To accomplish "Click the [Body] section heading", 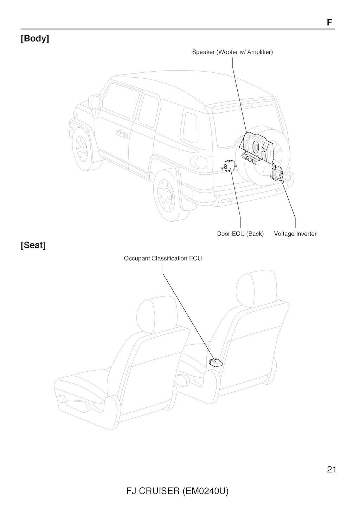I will (35, 39).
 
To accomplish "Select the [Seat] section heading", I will (33, 245).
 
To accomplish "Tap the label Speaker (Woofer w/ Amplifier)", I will (232, 52).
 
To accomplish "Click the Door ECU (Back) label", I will (240, 234).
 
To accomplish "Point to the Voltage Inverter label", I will (295, 234).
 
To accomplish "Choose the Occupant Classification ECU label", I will (163, 259).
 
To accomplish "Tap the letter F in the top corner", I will (329, 22).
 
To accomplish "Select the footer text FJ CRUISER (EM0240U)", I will (178, 491).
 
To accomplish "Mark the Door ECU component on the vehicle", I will (230, 165).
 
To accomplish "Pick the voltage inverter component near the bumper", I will (277, 173).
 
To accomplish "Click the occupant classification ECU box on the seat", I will (216, 363).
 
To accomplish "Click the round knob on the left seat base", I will (62, 399).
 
